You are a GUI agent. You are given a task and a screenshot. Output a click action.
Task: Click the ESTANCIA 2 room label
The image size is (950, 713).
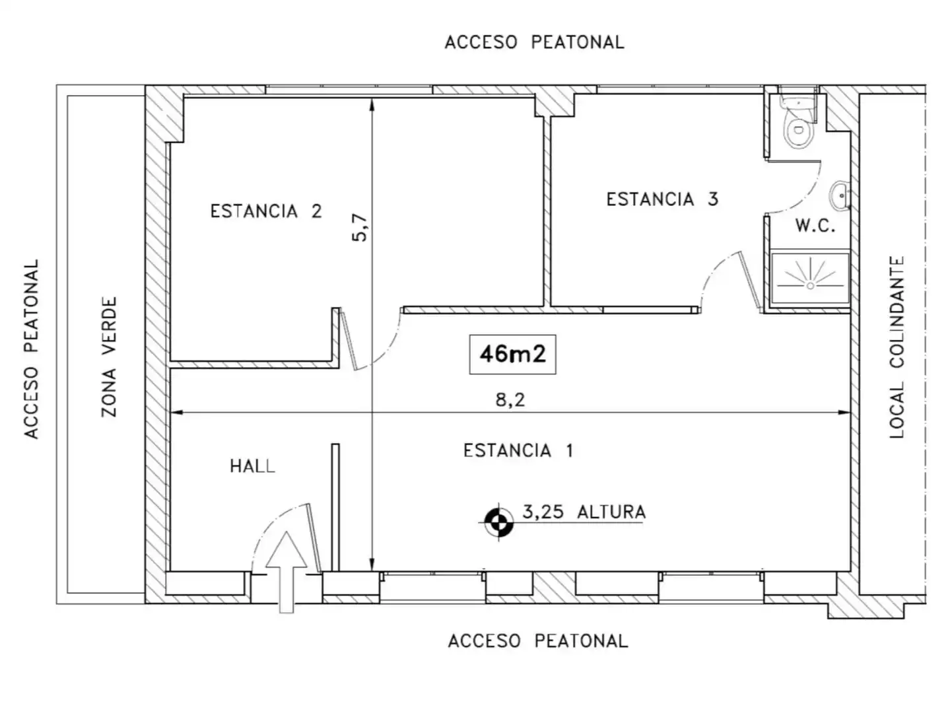point(266,211)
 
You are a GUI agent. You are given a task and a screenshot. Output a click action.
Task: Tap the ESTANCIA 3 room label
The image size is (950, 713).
point(662,199)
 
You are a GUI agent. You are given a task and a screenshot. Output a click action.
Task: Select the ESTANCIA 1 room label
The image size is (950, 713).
point(518,450)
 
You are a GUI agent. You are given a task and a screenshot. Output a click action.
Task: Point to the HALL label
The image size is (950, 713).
point(252,466)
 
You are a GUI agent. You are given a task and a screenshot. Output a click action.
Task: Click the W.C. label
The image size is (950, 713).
point(815,225)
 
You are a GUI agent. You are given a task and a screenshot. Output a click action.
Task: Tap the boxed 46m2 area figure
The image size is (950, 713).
point(512,355)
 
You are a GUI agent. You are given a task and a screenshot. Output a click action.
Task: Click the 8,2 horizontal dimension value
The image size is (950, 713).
point(510,400)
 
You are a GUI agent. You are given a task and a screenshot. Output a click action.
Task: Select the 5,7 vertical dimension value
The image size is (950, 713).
point(360,228)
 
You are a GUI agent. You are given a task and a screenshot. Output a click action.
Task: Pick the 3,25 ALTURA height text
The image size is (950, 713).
point(584,512)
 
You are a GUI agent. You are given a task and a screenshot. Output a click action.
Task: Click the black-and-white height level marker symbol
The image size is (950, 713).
point(499,523)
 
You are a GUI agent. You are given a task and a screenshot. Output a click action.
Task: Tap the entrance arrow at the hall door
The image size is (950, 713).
point(286,572)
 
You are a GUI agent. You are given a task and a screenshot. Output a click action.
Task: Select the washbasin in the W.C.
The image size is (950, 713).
point(840,195)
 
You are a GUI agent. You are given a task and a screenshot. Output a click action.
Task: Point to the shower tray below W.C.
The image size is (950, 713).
point(810,279)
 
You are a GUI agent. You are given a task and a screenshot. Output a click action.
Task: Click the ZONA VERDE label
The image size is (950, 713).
point(109,356)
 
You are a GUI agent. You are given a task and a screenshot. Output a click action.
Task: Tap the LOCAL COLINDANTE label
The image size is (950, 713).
point(897,347)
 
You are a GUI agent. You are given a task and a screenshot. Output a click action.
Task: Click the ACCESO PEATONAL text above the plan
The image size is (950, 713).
point(535,42)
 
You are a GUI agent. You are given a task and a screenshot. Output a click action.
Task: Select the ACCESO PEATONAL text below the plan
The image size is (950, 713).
point(537,641)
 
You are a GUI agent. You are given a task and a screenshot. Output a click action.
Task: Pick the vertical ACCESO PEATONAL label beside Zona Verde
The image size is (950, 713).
point(31,349)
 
